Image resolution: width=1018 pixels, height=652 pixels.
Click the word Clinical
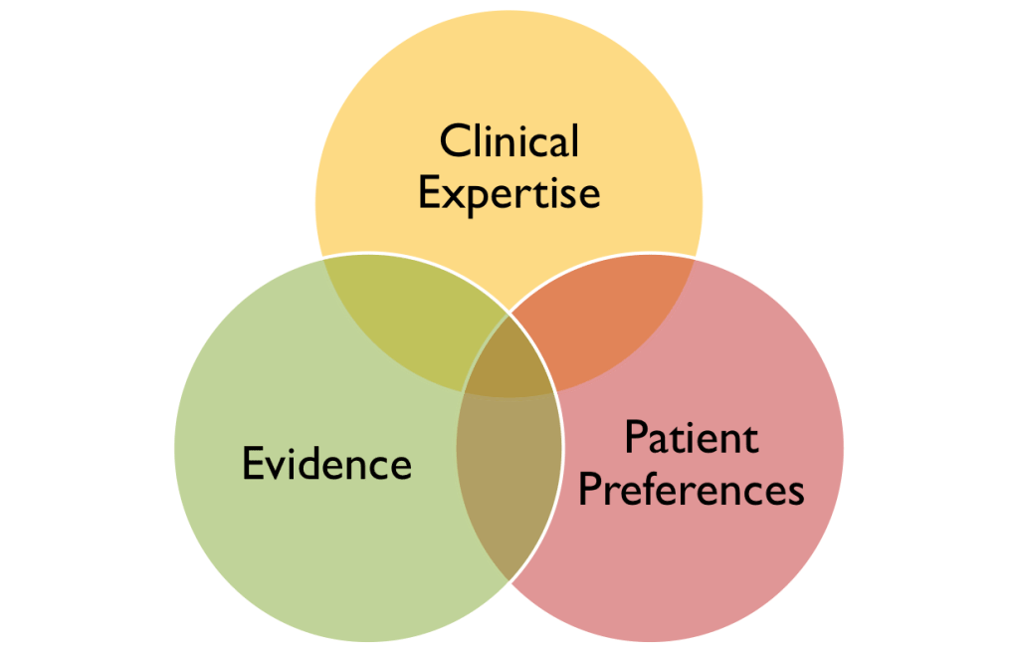coord(509,140)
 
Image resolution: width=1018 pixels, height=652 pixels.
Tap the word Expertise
coord(509,192)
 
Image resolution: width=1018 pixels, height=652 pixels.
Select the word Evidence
coord(326,464)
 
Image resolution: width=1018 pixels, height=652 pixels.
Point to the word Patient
coord(691,438)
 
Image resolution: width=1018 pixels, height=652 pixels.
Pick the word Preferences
coord(691,490)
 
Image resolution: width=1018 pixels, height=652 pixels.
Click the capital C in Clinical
coord(455,141)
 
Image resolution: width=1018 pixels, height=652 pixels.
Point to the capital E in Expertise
coord(429,192)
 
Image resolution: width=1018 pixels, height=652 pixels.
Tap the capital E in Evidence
coord(253,464)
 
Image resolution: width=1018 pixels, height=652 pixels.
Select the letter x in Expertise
coord(453,196)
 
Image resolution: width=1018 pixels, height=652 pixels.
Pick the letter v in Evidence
coord(277,467)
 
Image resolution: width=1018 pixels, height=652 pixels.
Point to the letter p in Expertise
coord(477,199)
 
